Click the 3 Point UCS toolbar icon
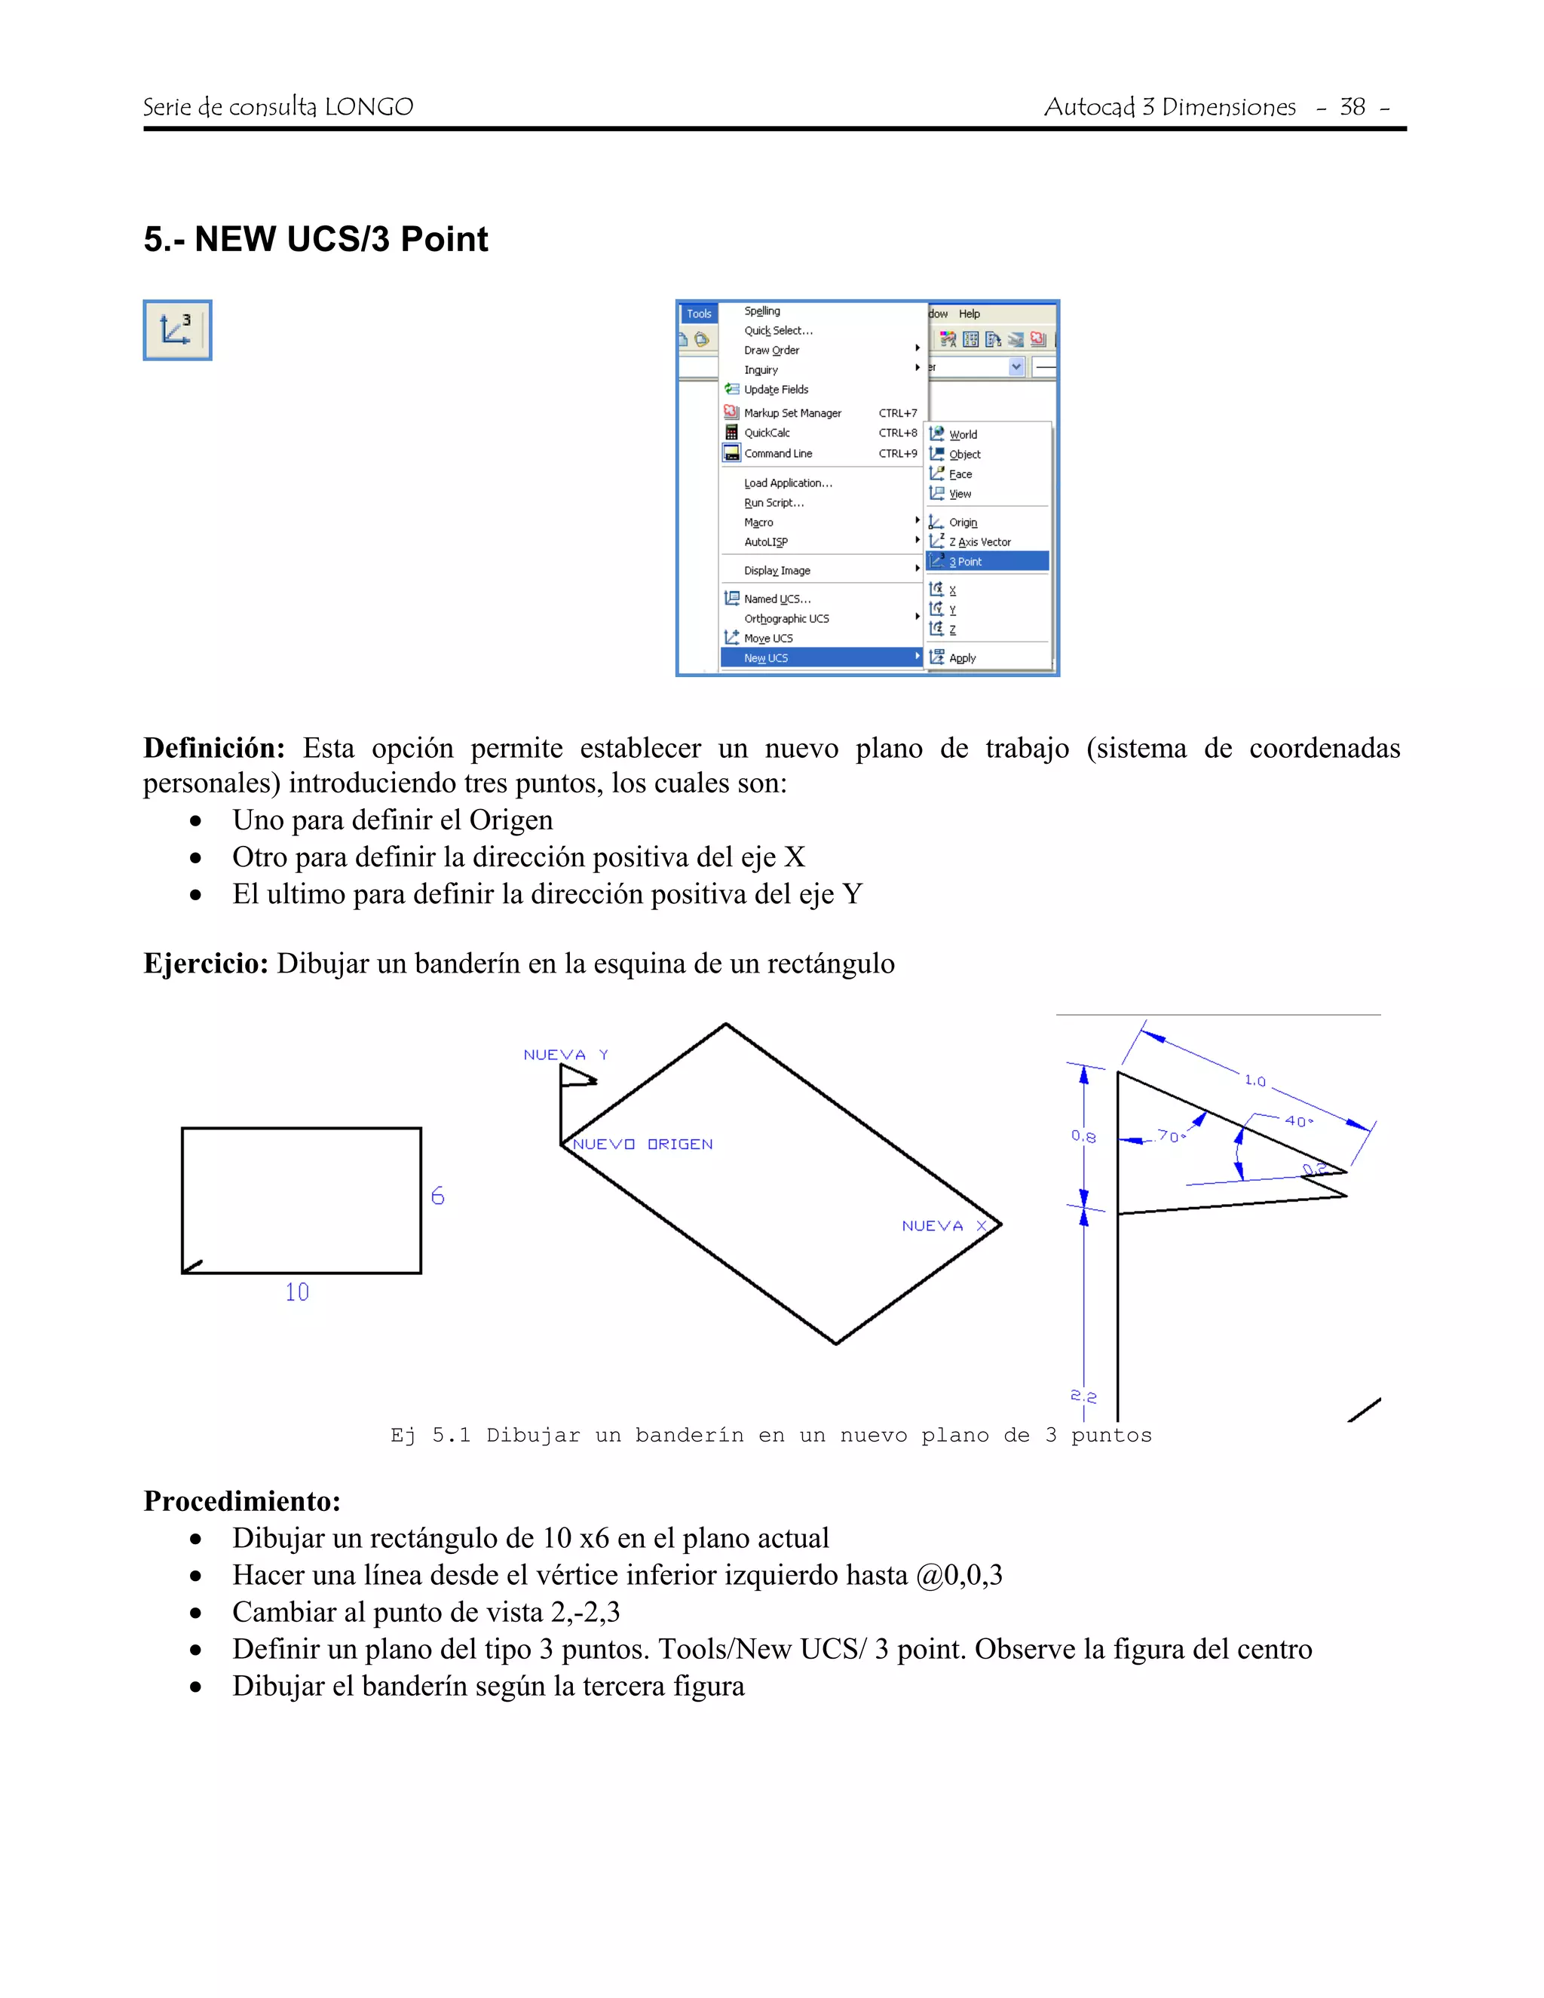(x=176, y=330)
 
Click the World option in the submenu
(x=962, y=434)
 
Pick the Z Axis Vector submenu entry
(x=979, y=541)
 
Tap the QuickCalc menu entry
(x=767, y=433)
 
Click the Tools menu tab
(x=699, y=314)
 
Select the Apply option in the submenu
(x=961, y=657)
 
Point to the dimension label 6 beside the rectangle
(x=437, y=1196)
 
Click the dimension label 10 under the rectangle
(x=296, y=1292)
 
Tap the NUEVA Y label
(x=565, y=1055)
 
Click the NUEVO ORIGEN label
(x=642, y=1145)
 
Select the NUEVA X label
(x=944, y=1226)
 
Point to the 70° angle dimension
(x=1171, y=1136)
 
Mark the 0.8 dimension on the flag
(x=1083, y=1136)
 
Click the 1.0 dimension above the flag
(x=1255, y=1080)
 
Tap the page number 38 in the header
(x=1352, y=107)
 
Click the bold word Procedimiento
(x=241, y=1501)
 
